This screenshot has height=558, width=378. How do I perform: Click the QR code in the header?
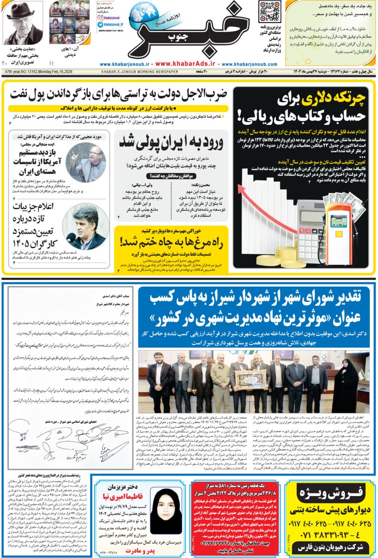click(269, 12)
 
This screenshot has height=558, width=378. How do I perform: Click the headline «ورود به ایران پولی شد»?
click(171, 142)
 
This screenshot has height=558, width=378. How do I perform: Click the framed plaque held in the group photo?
click(250, 379)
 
